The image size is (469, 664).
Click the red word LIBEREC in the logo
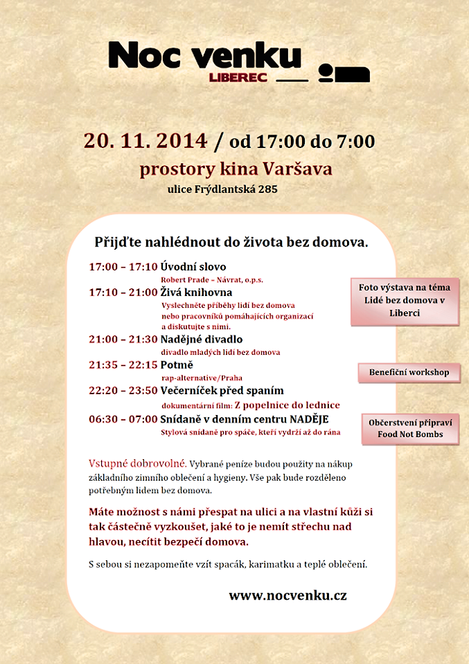pyautogui.click(x=238, y=77)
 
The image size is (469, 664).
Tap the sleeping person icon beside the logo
pyautogui.click(x=344, y=73)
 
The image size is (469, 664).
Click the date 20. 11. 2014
pyautogui.click(x=145, y=140)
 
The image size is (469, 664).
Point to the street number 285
pyautogui.click(x=268, y=188)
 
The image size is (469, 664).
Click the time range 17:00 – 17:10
pyautogui.click(x=123, y=267)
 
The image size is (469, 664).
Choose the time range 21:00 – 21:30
pyautogui.click(x=123, y=340)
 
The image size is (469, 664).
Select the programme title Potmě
pyautogui.click(x=177, y=365)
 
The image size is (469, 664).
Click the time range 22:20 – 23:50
pyautogui.click(x=123, y=391)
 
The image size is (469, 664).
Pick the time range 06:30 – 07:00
pyautogui.click(x=123, y=419)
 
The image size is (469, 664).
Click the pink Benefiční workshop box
pyautogui.click(x=409, y=372)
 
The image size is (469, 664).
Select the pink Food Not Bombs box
pyautogui.click(x=410, y=429)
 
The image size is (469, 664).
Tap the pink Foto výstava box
pyautogui.click(x=405, y=300)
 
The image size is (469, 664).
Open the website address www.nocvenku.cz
pyautogui.click(x=287, y=596)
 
